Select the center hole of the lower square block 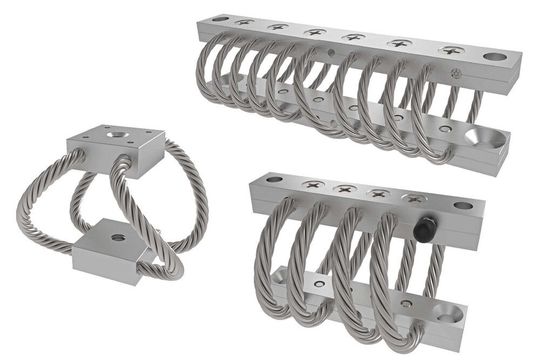click(118, 238)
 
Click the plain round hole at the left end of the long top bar click(213, 18)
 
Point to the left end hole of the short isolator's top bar click(275, 180)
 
